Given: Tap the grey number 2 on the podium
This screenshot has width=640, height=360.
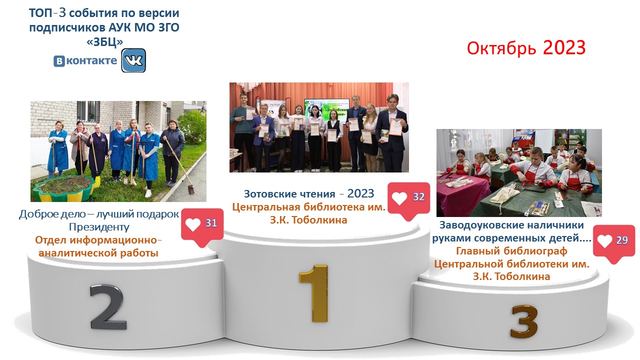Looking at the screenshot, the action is pos(107,307).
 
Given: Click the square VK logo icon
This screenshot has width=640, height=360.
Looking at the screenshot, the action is pos(133,60).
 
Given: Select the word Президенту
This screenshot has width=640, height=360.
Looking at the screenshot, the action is pos(99,227).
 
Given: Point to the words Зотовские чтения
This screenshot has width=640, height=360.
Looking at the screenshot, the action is pos(289,194).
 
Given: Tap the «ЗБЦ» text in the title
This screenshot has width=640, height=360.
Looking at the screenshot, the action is pos(104,41).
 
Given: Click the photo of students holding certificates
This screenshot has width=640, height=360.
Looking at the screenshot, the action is pos(319,127).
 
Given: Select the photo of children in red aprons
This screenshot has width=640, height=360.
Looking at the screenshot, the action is pos(519,173).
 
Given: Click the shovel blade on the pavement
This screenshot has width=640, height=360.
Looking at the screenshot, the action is pos(191,189).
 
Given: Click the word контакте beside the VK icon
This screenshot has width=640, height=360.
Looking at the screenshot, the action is pos(91,60).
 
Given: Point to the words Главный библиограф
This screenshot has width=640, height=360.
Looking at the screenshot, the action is pos(511,251).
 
